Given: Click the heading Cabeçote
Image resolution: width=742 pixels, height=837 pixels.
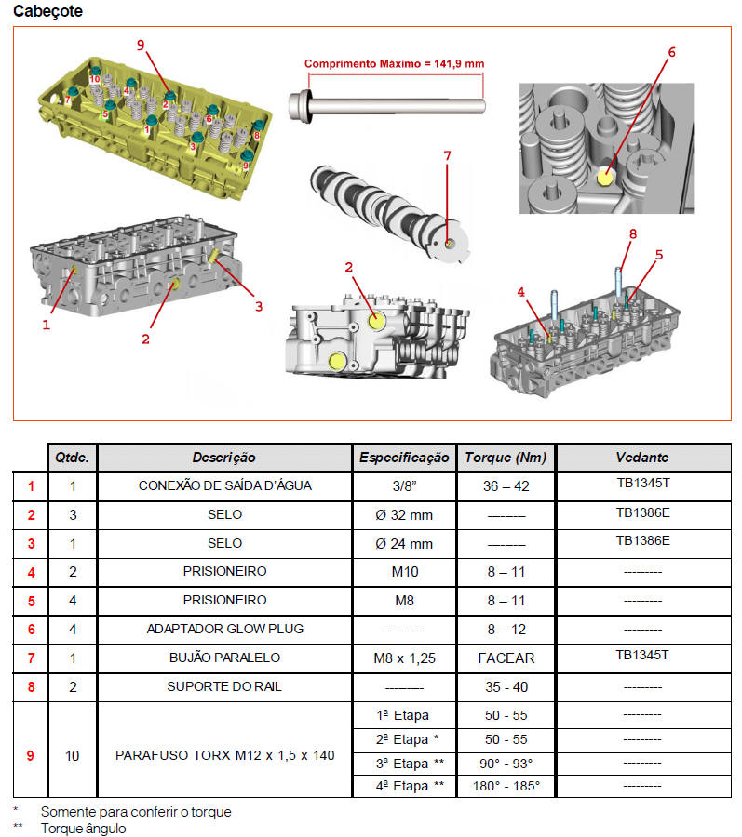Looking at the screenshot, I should point(47,11).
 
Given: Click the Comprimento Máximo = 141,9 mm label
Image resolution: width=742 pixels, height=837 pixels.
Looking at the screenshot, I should point(394,64).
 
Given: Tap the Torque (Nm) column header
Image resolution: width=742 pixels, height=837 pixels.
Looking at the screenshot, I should point(506,457).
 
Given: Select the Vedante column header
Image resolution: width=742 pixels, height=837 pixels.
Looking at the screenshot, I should point(641,457).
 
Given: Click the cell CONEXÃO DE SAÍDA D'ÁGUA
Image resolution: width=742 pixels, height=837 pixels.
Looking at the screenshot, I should point(225,485).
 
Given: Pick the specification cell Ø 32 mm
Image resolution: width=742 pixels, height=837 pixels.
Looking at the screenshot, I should point(404,514).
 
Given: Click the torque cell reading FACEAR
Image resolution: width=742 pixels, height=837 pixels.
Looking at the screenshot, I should point(506,658).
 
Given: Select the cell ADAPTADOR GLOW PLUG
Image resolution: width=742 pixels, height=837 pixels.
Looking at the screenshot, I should point(225,629).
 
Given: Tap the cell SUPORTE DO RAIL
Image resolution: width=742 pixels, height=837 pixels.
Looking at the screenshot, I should point(225,686).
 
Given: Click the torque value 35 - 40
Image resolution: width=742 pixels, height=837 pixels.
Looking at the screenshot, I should point(506,686).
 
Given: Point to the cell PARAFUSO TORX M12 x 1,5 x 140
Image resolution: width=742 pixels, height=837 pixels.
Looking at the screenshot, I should point(225,755).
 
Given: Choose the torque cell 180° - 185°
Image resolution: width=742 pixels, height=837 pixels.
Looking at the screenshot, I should point(506,786).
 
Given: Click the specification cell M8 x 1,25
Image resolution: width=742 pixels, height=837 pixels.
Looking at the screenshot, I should point(404,658).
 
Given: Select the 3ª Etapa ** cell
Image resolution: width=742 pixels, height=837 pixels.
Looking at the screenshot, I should point(404,763).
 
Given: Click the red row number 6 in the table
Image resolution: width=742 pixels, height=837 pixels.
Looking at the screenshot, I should point(31,629).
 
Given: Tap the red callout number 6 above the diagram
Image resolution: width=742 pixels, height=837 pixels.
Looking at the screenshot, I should point(670,52).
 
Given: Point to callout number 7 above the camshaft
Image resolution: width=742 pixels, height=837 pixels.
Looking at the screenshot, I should point(447,155).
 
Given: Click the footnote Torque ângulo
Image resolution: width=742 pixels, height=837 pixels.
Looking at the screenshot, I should point(83,828).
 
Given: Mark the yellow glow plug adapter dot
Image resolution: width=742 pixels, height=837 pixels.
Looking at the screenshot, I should point(604,174).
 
